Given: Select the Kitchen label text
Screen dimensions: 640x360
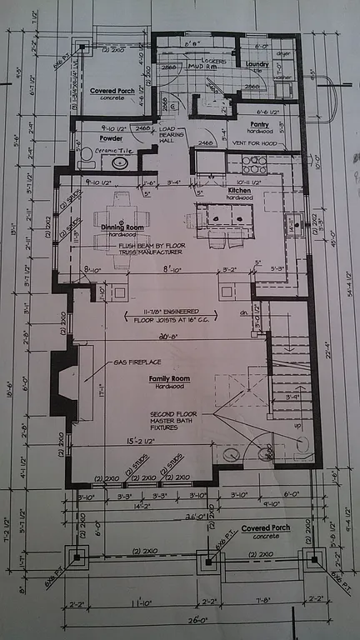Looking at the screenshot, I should pyautogui.click(x=240, y=192).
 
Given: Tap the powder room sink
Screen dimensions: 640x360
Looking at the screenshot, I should pyautogui.click(x=120, y=163).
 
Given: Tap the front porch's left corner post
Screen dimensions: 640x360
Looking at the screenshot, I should pyautogui.click(x=77, y=557).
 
